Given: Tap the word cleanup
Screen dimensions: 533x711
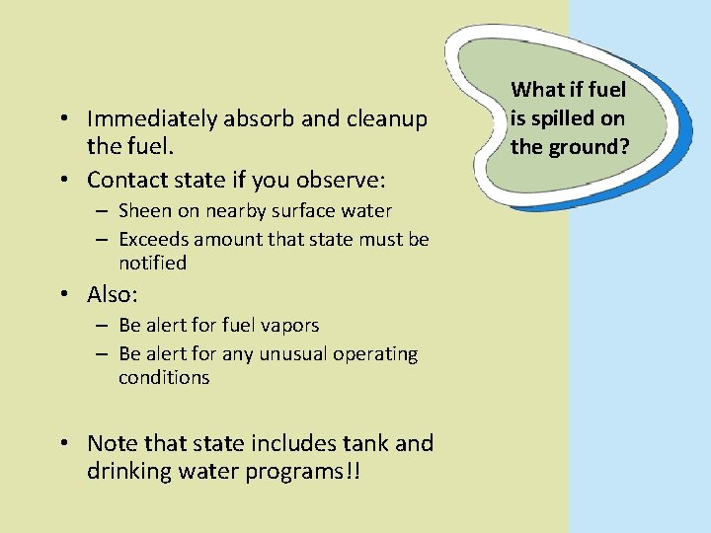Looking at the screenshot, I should [385, 119].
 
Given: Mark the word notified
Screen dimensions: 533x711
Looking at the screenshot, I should [152, 264].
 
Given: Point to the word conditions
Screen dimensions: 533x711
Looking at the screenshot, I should [164, 378].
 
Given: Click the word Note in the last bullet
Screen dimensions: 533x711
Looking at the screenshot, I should [112, 443].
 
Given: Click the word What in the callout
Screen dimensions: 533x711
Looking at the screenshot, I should [537, 91].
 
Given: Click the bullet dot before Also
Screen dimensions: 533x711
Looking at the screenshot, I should [62, 296].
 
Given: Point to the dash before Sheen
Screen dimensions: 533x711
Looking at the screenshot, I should [102, 211].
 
